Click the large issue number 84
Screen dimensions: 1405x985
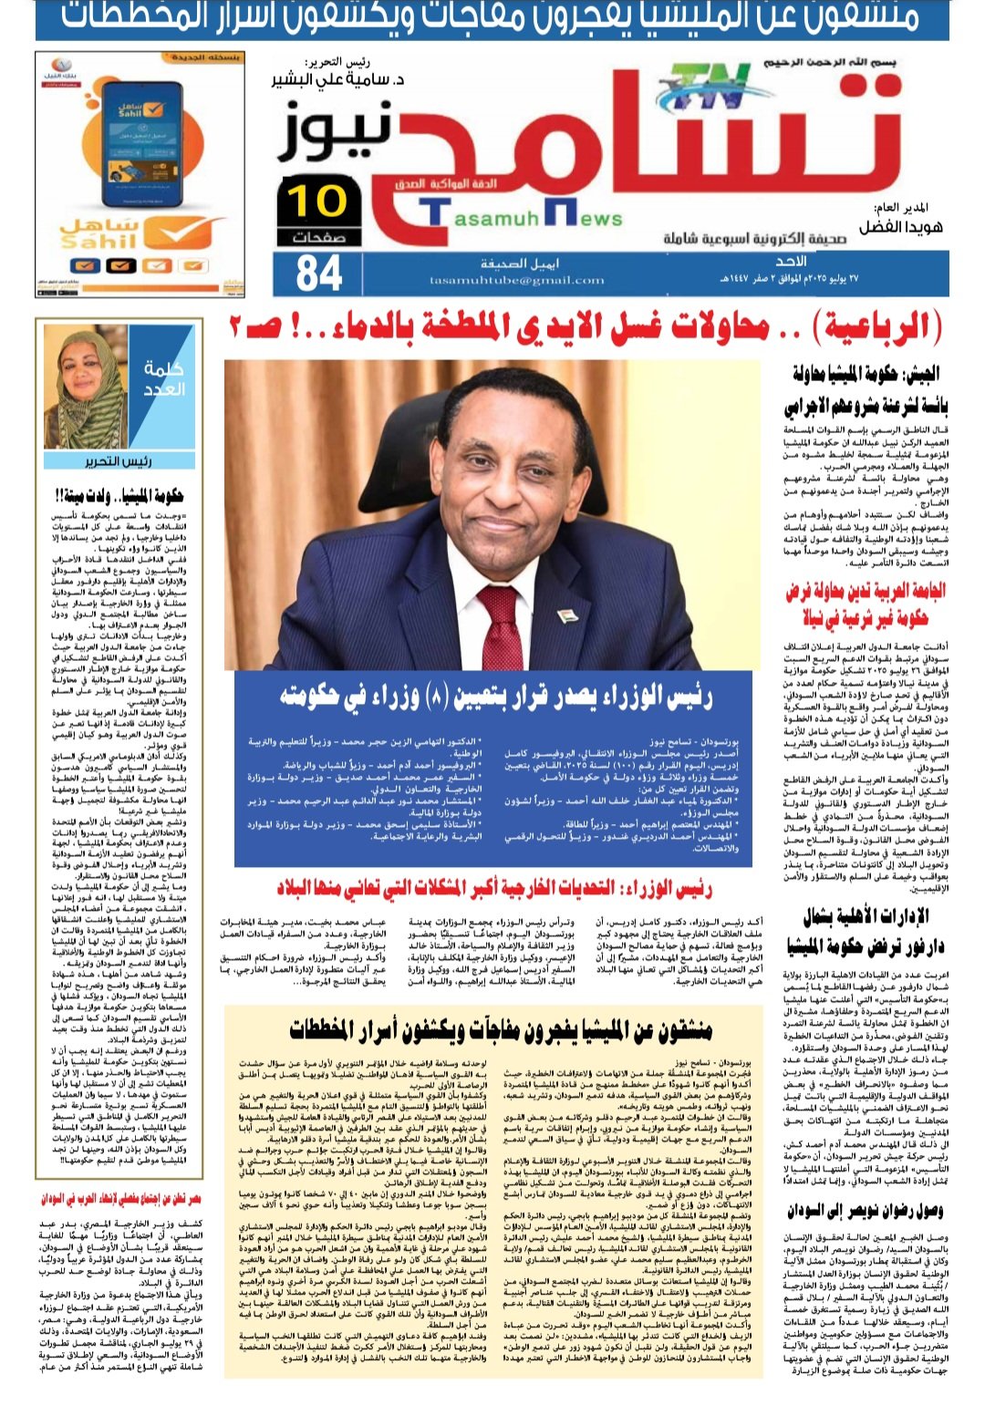pos(319,272)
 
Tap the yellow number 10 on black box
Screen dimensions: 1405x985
pos(317,201)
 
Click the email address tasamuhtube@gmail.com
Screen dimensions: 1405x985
pos(517,280)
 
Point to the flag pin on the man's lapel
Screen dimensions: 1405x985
pos(567,617)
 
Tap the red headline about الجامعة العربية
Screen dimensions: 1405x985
pos(865,604)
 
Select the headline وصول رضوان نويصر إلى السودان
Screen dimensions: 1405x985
pos(865,1211)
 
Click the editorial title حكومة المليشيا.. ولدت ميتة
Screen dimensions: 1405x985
pos(118,495)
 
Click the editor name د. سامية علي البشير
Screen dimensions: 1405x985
pos(338,79)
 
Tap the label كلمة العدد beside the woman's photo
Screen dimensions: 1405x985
pos(164,378)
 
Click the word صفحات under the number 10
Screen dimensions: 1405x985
pos(317,237)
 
